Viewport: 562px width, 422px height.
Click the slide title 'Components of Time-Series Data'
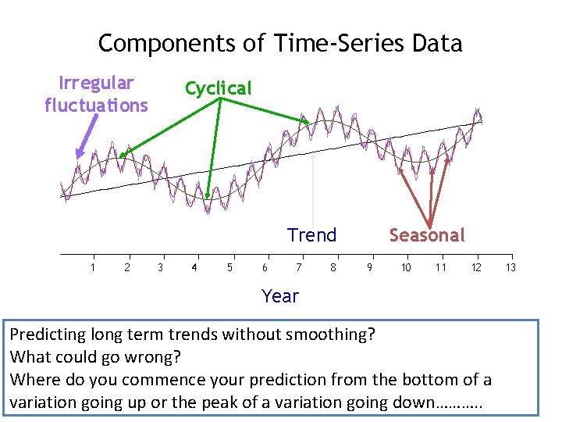[x=280, y=43]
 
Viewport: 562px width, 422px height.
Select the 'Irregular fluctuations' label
[x=96, y=94]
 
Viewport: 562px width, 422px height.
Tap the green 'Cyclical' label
[x=218, y=88]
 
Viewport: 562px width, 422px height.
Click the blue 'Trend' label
[x=311, y=235]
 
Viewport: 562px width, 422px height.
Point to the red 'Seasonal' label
[x=426, y=235]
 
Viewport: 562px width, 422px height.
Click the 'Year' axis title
[x=280, y=296]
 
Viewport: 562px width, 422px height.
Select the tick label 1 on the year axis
[x=93, y=268]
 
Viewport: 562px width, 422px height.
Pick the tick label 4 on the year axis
[x=194, y=268]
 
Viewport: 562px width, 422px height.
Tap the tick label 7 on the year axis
[x=299, y=268]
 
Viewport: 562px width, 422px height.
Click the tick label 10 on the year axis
[x=406, y=268]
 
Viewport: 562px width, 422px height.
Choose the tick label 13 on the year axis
[x=510, y=268]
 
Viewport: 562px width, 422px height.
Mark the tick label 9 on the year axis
[x=369, y=268]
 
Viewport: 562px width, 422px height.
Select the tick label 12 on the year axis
[x=476, y=268]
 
